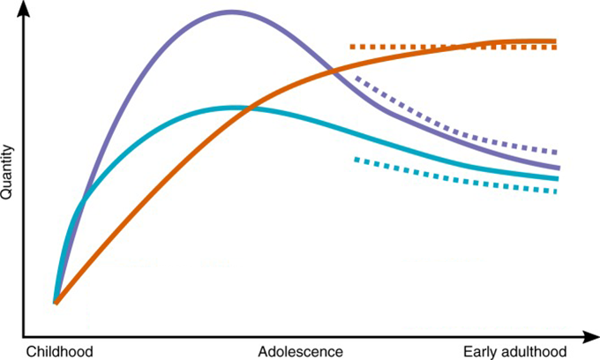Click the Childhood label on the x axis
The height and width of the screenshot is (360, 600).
(x=59, y=351)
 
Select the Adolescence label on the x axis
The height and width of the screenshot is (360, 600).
(x=300, y=351)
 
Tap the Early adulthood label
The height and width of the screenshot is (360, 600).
(x=515, y=351)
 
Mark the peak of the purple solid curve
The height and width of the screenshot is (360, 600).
(x=231, y=12)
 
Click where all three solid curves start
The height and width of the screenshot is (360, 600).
(x=56, y=303)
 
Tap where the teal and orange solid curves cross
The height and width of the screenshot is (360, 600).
(x=248, y=109)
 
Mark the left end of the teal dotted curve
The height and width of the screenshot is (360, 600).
(x=356, y=159)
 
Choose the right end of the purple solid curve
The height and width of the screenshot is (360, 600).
(x=558, y=167)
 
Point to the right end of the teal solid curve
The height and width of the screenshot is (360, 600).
(x=557, y=178)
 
